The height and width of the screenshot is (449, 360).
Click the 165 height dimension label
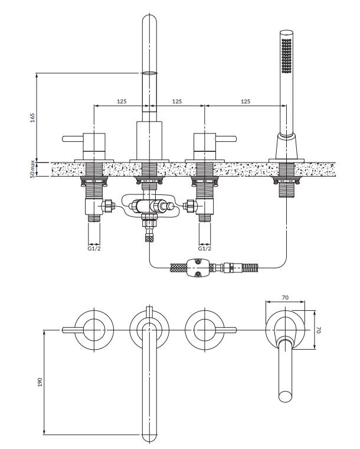(32, 118)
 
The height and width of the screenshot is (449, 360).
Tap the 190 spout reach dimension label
(40, 382)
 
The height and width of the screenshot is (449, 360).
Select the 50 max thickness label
(32, 169)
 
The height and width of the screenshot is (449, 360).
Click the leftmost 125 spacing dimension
(122, 101)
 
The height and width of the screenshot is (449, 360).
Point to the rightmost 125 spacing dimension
(246, 101)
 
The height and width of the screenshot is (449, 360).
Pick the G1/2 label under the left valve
(94, 248)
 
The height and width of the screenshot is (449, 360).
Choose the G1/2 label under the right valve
(205, 248)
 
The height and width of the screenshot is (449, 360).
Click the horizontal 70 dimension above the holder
(285, 298)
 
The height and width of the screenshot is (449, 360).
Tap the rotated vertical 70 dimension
(319, 330)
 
